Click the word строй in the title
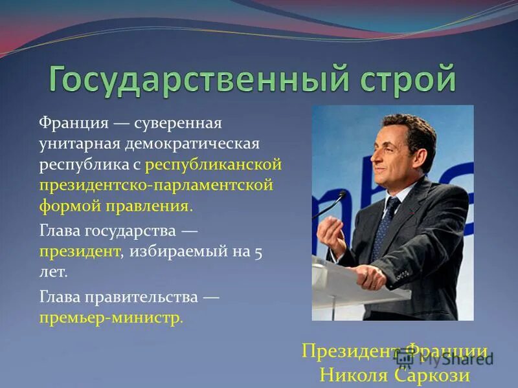403,80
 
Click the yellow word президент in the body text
80,251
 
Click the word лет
53,272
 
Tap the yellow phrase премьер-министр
111,318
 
